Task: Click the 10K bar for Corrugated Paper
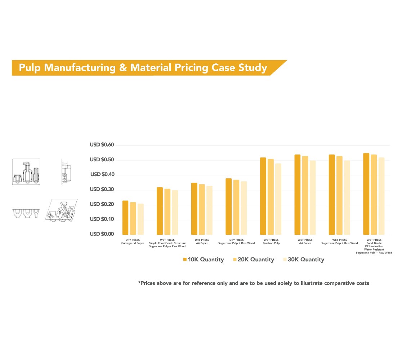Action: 125,218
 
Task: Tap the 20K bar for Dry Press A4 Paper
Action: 202,210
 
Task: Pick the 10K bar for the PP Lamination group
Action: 366,194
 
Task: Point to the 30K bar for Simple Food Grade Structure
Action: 175,212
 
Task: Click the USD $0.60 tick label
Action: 102,145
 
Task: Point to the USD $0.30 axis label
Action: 102,189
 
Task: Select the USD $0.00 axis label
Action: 102,234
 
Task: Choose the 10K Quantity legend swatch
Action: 185,260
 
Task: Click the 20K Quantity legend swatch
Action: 235,260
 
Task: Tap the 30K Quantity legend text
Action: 306,260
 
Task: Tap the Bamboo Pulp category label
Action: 271,243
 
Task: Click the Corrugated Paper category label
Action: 133,243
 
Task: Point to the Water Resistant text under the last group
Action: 374,249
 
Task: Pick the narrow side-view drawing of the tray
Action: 66,172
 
